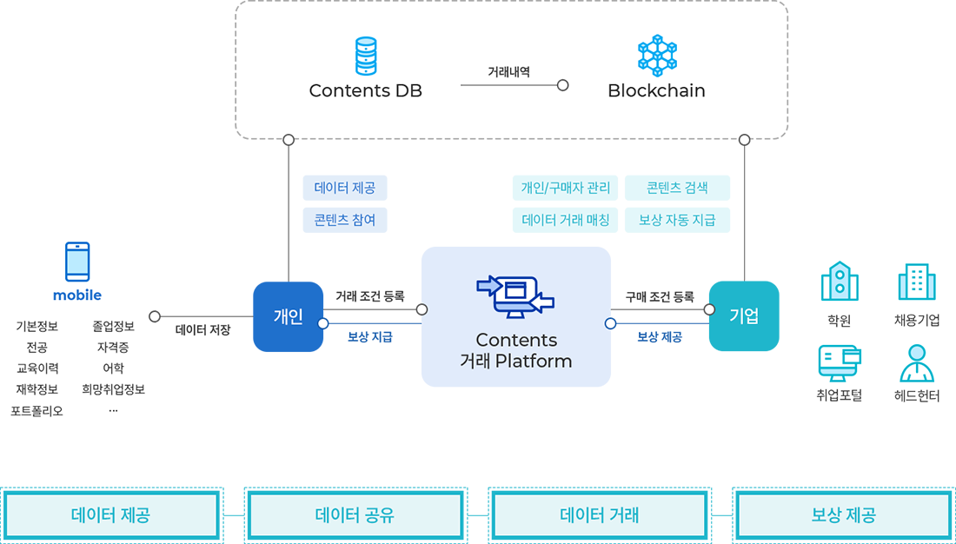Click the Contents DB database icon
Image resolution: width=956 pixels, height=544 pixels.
[366, 56]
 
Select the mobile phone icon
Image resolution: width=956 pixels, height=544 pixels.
[77, 261]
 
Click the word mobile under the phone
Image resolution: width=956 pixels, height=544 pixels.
[77, 295]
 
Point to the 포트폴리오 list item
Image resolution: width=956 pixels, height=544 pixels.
[37, 410]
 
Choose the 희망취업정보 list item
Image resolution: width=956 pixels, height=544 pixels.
[113, 389]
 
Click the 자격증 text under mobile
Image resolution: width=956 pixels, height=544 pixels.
[113, 348]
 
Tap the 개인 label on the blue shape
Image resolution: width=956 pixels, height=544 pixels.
[288, 317]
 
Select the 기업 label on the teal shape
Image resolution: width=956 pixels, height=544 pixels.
[744, 316]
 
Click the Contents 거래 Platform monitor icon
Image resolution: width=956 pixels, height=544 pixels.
[515, 296]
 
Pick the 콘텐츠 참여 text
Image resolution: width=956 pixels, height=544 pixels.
[345, 220]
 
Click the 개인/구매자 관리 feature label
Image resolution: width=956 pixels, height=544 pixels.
[566, 188]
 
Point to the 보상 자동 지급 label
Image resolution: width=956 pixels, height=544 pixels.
[677, 220]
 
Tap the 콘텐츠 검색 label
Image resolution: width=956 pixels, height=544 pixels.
[677, 188]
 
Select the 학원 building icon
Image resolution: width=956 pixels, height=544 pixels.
[840, 282]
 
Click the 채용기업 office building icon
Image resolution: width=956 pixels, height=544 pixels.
[917, 282]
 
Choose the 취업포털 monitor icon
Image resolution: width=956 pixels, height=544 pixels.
[840, 362]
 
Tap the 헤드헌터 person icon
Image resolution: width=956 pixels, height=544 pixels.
[917, 363]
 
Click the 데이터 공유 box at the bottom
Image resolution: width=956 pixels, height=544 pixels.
[355, 515]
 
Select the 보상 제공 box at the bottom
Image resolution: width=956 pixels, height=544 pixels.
[843, 515]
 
